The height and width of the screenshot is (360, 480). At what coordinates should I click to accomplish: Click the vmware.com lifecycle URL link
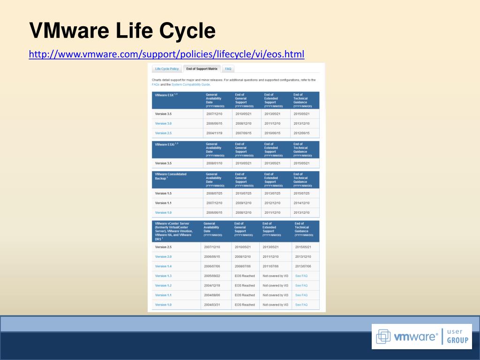point(166,55)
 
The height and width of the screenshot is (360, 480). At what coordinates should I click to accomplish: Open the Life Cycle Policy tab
point(167,69)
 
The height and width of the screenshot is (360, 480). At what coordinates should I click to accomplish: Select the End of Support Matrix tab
point(202,69)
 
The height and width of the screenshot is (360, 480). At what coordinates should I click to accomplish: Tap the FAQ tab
point(228,69)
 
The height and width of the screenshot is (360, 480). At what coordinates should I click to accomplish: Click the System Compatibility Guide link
point(191,85)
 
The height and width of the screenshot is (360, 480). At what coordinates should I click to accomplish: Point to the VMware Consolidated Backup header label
point(171,176)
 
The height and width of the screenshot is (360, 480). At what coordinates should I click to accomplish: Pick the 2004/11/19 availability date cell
point(215,133)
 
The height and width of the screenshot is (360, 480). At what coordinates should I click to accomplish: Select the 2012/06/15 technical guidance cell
point(301,133)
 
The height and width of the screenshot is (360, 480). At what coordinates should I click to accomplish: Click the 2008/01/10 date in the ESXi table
point(215,163)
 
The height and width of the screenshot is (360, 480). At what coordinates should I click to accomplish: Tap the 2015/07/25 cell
point(301,193)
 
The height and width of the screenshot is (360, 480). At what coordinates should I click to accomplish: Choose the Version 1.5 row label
point(164,193)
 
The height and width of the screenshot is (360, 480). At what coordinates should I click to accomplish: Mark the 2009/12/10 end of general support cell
point(244,203)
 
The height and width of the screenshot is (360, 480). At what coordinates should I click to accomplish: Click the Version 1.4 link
point(164,266)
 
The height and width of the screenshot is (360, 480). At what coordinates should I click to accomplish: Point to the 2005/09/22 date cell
point(212,276)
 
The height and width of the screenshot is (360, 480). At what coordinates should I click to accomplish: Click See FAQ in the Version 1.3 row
point(301,276)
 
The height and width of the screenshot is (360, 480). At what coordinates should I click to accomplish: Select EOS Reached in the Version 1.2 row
point(245,285)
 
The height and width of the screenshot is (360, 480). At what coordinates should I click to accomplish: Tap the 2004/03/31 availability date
point(212,305)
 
